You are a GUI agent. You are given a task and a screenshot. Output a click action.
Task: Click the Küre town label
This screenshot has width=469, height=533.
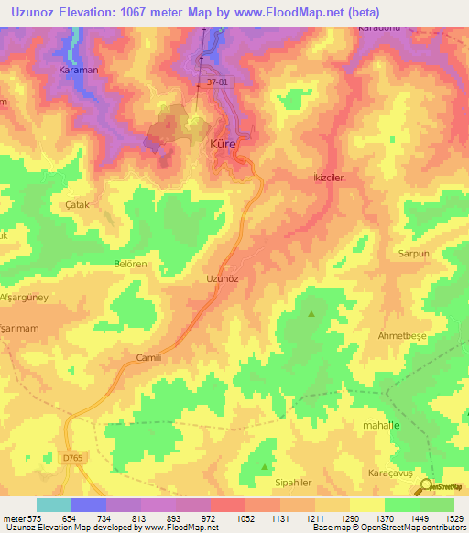(224, 145)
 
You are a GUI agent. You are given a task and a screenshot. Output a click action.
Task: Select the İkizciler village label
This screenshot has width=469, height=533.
(327, 179)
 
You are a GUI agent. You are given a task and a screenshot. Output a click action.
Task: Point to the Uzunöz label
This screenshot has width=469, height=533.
(221, 277)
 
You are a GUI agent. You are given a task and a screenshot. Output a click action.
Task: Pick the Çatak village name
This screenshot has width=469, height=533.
(75, 205)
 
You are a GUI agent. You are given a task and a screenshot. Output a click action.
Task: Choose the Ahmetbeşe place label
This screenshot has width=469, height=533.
(404, 335)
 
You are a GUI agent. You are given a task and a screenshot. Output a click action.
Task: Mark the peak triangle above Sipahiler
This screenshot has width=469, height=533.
(265, 466)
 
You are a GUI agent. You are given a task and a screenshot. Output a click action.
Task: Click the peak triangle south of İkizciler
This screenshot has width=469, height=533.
(311, 314)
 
